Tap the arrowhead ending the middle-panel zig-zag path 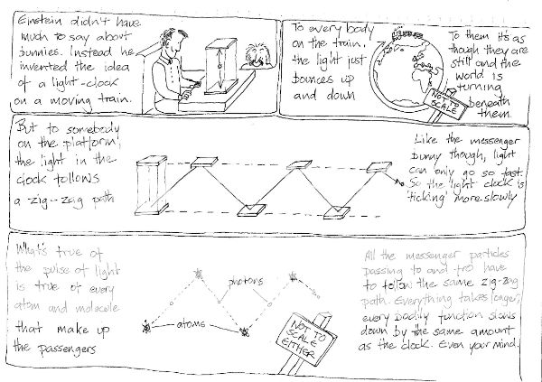pos(397,182)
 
